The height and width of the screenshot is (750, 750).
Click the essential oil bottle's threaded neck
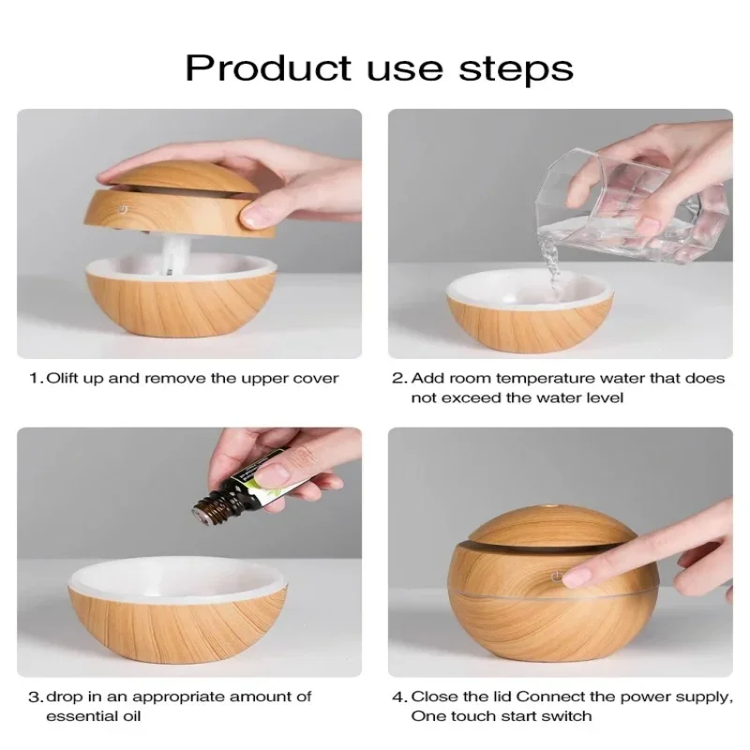pyautogui.click(x=210, y=506)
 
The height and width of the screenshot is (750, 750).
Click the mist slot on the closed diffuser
pyautogui.click(x=525, y=544)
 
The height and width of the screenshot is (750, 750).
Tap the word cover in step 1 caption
pyautogui.click(x=318, y=379)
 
